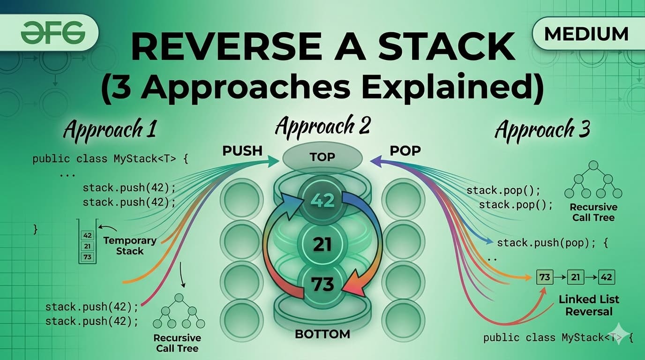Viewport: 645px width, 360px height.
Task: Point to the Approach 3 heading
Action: (542, 129)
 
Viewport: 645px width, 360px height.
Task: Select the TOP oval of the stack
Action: (322, 157)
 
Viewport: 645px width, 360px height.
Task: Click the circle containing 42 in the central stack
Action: (322, 201)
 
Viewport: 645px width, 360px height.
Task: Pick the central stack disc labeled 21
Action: (322, 244)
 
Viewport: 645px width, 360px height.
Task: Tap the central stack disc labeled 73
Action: (322, 284)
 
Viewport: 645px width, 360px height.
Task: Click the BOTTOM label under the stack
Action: (322, 334)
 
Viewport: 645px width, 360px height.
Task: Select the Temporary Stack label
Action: (130, 246)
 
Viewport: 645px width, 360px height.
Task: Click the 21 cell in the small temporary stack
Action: (87, 247)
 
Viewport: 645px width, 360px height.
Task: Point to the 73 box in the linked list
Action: (544, 277)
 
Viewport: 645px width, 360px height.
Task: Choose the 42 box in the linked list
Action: (606, 277)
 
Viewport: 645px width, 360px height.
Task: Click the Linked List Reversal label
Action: (589, 305)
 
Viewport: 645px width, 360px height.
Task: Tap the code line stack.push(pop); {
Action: (552, 243)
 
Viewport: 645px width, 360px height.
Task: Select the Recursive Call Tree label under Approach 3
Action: (593, 212)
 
